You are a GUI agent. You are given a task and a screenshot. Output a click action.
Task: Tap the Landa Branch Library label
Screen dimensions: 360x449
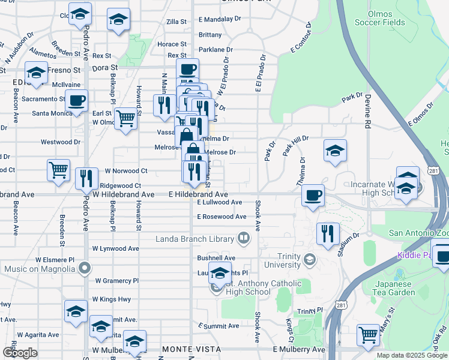pos(195,239)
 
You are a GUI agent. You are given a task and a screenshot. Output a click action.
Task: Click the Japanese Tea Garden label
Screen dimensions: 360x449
pos(394,288)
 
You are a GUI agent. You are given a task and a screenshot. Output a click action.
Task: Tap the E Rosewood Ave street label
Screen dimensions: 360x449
pos(221,216)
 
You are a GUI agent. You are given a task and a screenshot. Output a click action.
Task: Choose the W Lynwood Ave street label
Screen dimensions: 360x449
pos(115,248)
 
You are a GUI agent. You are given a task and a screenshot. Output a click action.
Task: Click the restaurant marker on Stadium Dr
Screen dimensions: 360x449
pos(328,233)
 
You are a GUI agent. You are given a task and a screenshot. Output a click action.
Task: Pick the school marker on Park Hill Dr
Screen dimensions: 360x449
pos(335,150)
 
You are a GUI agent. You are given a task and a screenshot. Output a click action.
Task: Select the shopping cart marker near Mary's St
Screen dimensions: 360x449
pos(368,335)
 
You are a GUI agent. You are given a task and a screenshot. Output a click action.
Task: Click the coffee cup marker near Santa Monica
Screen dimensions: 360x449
pos(76,100)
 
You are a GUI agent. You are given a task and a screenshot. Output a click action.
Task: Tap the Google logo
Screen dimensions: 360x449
pos(21,353)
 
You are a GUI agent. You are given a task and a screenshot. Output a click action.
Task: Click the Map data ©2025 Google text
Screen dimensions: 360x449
pos(411,355)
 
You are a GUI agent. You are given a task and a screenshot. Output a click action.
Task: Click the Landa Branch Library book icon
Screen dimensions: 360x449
pos(243,239)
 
